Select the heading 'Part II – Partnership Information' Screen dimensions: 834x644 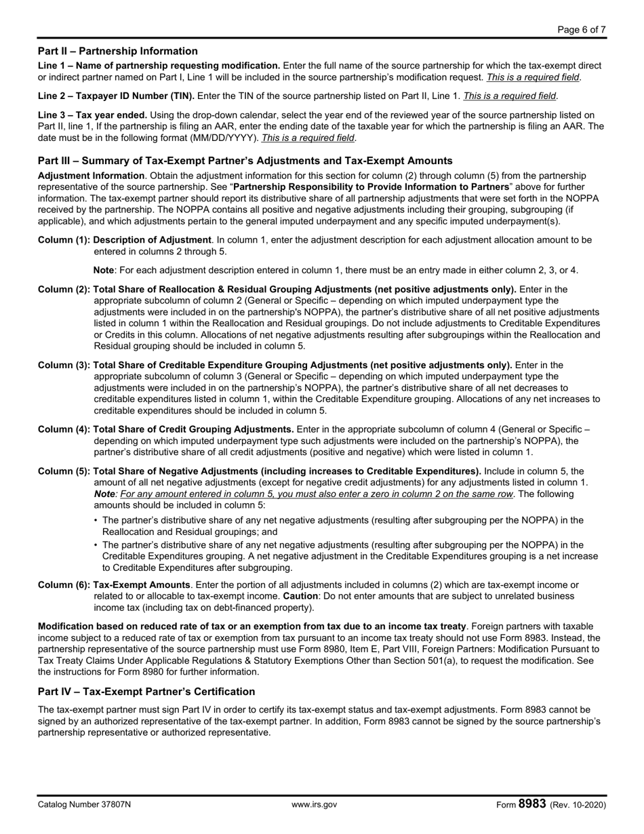[118, 51]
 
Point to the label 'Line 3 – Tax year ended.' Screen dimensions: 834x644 [92, 115]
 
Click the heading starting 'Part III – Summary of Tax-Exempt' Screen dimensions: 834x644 [245, 161]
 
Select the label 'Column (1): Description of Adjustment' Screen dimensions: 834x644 [124, 239]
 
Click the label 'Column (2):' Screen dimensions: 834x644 [64, 290]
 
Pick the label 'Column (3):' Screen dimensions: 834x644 [64, 365]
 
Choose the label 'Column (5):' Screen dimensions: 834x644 [64, 471]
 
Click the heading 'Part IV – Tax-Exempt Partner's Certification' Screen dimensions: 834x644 [146, 691]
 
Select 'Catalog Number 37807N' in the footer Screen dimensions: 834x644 [85, 805]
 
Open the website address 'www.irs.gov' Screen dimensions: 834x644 [314, 805]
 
